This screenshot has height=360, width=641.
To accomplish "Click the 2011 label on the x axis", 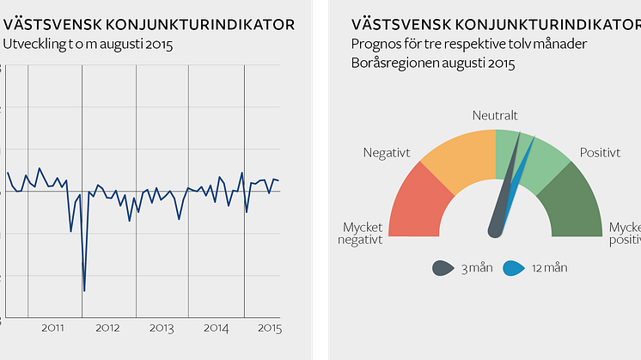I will point(53,328).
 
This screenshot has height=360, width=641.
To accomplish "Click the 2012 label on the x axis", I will point(107,328).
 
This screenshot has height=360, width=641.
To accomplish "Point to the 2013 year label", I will point(162,328).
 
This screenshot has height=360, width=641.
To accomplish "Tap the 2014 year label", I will point(216,328).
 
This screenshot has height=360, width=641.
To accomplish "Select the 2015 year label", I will point(269,328).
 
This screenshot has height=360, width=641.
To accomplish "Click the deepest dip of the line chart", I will point(84,290).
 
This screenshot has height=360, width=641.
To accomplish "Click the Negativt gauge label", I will point(387,153).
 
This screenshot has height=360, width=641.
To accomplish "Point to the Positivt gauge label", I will point(600,152).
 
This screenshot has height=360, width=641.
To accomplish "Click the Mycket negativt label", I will point(359,234).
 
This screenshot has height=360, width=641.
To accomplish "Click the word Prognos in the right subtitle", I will point(375,44).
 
